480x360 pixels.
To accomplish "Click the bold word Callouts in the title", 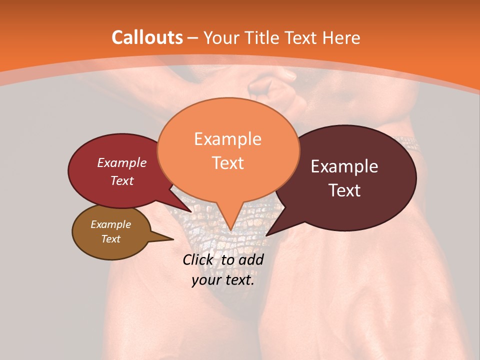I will [147, 37].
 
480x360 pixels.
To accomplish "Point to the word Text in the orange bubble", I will [227, 162].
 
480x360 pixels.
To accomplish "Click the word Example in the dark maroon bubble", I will [344, 166].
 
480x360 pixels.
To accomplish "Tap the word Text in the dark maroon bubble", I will [344, 190].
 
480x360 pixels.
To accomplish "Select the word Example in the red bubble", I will [121, 162].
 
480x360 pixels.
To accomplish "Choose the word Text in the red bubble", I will [121, 180].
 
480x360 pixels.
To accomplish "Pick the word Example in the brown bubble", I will [110, 224].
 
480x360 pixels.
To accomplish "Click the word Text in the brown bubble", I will [110, 239].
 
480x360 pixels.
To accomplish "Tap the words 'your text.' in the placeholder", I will [222, 280].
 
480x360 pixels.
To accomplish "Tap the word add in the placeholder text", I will [251, 259].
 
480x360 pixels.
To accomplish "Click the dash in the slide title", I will [193, 38].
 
